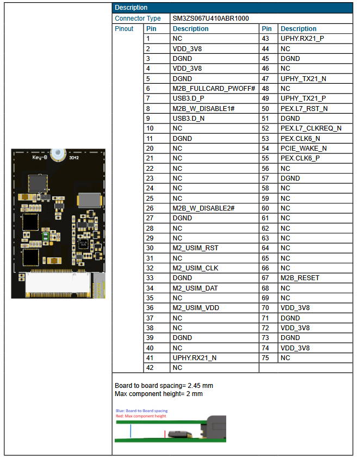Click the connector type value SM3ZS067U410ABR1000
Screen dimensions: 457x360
tap(210, 18)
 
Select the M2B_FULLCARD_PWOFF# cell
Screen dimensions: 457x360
tap(214, 89)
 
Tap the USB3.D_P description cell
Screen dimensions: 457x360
tap(189, 98)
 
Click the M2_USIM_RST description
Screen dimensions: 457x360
tap(195, 248)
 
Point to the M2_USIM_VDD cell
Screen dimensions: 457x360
tap(196, 308)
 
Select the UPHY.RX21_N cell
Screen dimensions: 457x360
tap(194, 358)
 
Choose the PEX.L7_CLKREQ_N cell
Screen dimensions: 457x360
tap(311, 128)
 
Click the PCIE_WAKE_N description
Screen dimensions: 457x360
tap(303, 148)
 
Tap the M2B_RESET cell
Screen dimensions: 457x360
tap(300, 278)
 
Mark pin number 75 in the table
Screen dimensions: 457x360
tap(266, 358)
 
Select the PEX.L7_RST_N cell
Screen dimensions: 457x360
tap(303, 109)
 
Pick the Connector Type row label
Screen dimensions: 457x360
tap(138, 18)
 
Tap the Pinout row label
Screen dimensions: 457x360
tap(124, 29)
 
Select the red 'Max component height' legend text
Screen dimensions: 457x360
tap(141, 416)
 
